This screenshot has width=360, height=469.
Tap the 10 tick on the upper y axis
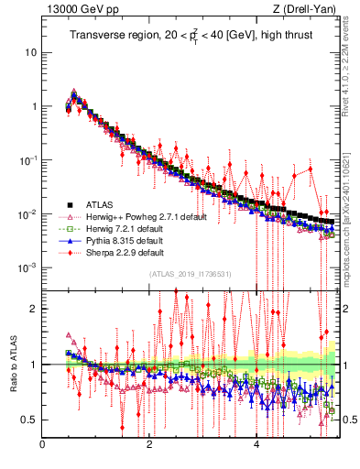pos(31,52)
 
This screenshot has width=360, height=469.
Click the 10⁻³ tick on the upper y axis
pos(28,267)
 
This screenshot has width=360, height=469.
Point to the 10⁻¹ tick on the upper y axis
pos(28,160)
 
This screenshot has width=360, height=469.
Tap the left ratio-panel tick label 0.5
pos(28,420)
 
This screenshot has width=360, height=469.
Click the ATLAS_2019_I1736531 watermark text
pos(190,274)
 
